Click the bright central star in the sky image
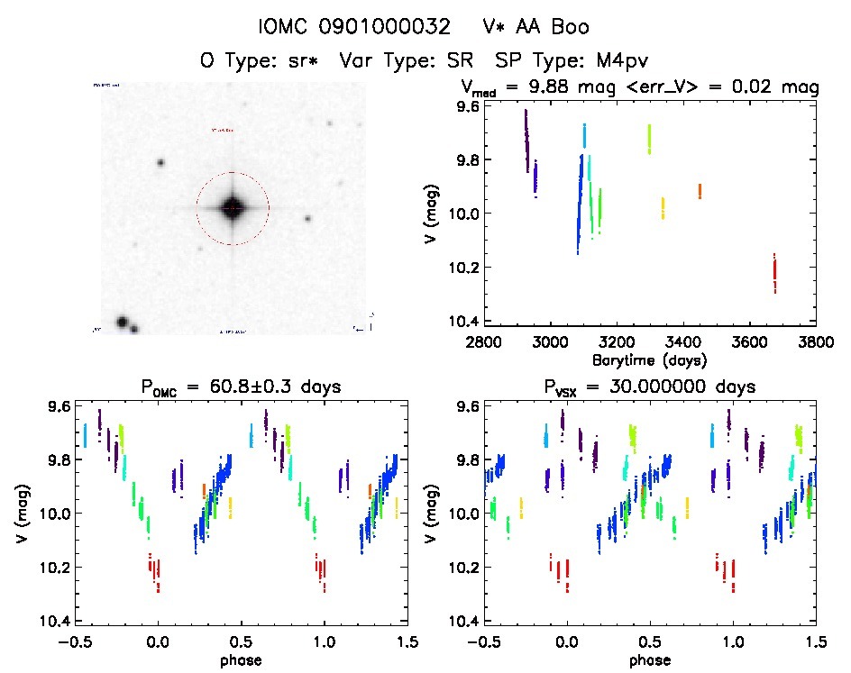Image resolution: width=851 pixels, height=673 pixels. click(232, 207)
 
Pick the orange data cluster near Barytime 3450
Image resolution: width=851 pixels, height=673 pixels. click(700, 191)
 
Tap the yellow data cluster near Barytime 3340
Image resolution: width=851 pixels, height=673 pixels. click(663, 208)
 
